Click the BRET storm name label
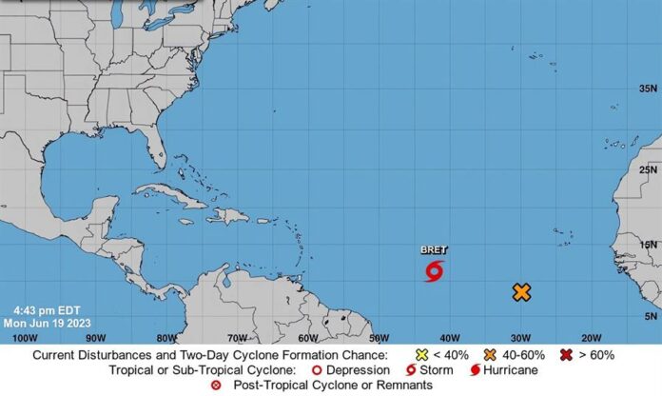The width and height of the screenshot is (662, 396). (x=434, y=249)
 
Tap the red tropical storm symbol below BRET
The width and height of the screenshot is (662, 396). (x=434, y=271)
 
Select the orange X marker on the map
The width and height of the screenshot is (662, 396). (x=521, y=292)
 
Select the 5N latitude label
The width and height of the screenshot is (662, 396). (x=649, y=316)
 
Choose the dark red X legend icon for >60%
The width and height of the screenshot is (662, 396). (x=568, y=355)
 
